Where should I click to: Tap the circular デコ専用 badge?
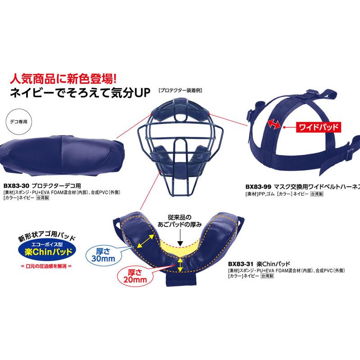click(x=18, y=121)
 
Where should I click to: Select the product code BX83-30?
click(x=16, y=185)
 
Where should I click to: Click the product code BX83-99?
click(x=258, y=187)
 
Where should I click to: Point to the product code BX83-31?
click(x=241, y=264)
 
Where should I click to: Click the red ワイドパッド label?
click(x=318, y=127)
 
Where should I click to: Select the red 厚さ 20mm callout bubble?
click(x=135, y=276)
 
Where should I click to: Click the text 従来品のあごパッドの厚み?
click(x=180, y=220)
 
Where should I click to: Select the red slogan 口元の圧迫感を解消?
click(x=46, y=266)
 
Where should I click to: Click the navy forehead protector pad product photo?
click(x=62, y=155)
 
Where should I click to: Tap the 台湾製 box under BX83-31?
click(x=267, y=276)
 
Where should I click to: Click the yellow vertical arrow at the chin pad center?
click(x=180, y=265)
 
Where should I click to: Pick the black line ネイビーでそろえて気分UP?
click(x=80, y=93)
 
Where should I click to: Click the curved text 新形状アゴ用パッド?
click(x=47, y=235)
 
